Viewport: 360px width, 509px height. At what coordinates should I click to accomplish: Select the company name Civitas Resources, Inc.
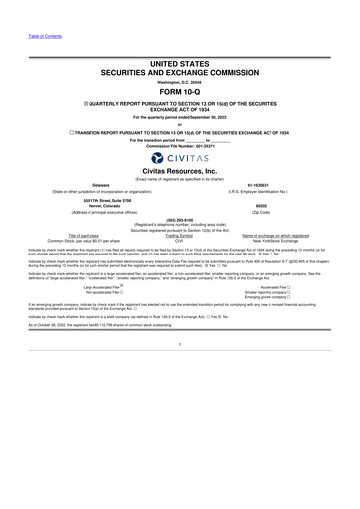click(181, 180)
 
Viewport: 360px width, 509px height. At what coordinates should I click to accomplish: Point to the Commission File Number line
click(180, 147)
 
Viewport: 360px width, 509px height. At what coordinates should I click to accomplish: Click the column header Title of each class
click(69, 262)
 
